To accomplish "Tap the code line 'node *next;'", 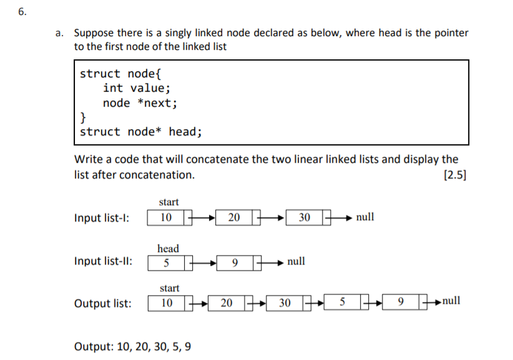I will (140, 103).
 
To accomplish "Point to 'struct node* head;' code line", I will (141, 132).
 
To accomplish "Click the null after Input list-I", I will (365, 217).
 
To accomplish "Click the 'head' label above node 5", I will (168, 248).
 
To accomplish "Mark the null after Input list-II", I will (296, 261).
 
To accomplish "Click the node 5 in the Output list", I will (343, 303).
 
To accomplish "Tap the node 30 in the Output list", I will (285, 303).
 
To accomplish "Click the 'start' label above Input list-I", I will (169, 202).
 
